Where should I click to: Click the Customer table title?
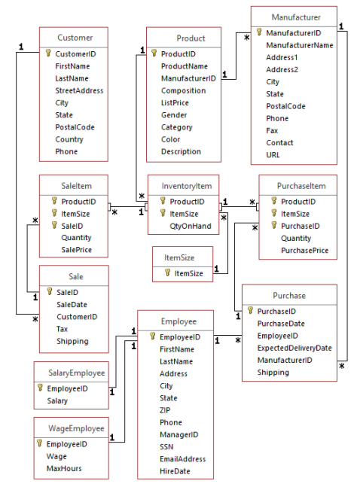click(x=75, y=37)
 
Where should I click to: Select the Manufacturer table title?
click(x=295, y=16)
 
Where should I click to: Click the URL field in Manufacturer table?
click(x=273, y=154)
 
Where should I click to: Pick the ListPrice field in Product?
click(x=175, y=102)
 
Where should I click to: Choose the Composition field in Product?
click(x=183, y=90)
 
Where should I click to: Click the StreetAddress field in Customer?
click(x=79, y=90)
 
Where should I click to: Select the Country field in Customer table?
click(x=70, y=139)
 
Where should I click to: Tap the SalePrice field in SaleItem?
click(x=78, y=249)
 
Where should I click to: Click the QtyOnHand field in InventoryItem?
click(x=190, y=225)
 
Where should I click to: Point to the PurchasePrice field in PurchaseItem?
click(x=304, y=251)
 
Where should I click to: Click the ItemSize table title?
click(x=179, y=257)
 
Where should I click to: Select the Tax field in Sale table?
click(x=63, y=329)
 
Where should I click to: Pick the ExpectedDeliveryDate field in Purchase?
click(x=294, y=348)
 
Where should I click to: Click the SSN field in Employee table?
click(x=167, y=446)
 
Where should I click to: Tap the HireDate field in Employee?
click(x=175, y=470)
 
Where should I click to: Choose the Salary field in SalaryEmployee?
click(x=58, y=401)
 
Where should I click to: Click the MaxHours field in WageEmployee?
click(x=64, y=468)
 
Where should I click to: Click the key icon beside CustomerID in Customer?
click(x=49, y=54)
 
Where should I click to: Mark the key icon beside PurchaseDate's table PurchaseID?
click(x=251, y=311)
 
